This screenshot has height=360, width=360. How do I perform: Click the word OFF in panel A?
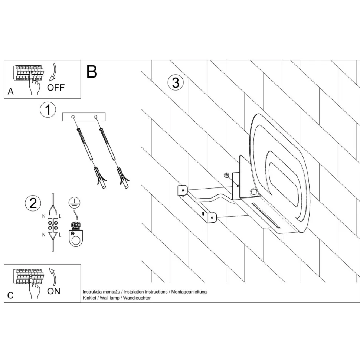[x=56, y=88]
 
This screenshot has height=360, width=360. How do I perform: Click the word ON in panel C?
[x=54, y=291]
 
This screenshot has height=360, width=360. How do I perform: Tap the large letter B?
[x=92, y=72]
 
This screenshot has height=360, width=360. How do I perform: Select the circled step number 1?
[x=48, y=110]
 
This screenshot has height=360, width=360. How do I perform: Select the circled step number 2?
[x=33, y=203]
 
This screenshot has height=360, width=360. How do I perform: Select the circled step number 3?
[x=176, y=82]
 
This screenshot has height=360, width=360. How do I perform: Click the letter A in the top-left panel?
[x=10, y=92]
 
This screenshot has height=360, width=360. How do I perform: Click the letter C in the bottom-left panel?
[x=10, y=295]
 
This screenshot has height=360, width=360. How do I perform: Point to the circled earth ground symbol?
[x=75, y=202]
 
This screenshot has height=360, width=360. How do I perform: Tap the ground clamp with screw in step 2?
[x=76, y=234]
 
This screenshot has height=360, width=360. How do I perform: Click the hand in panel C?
[x=36, y=291]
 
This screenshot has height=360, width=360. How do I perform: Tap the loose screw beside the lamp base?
[x=226, y=175]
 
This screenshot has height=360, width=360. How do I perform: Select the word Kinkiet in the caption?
[x=89, y=298]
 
